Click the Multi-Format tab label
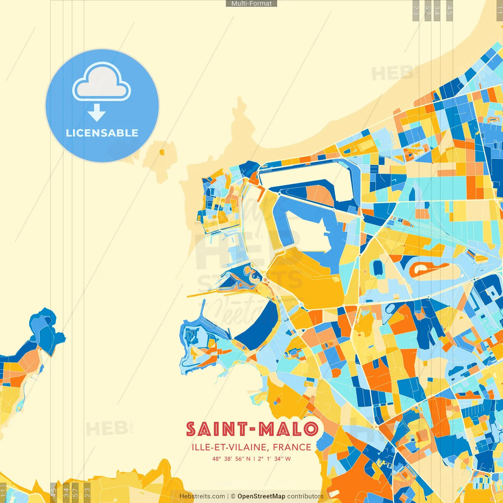[251, 4]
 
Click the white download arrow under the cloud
[97, 113]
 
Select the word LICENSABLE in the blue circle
[102, 133]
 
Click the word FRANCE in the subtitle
[292, 447]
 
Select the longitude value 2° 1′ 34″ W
[274, 459]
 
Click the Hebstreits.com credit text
[202, 496]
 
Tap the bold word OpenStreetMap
[261, 496]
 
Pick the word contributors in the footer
[305, 496]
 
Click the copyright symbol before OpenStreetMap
[233, 496]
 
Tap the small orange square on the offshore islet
[162, 152]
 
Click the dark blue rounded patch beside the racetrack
[378, 268]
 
